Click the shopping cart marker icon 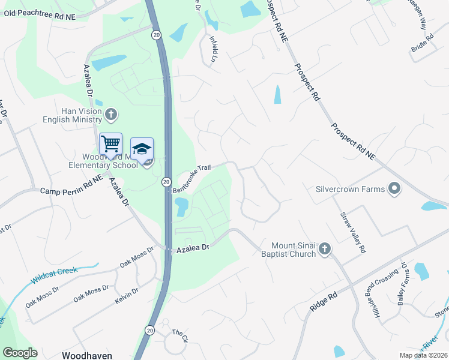point(110,145)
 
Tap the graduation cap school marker point(142,149)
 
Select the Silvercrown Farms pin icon point(394,189)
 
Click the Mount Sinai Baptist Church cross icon point(325,249)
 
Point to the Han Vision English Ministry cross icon point(110,114)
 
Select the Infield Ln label point(212,48)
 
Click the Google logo point(20,353)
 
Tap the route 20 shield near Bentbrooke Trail point(166,182)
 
